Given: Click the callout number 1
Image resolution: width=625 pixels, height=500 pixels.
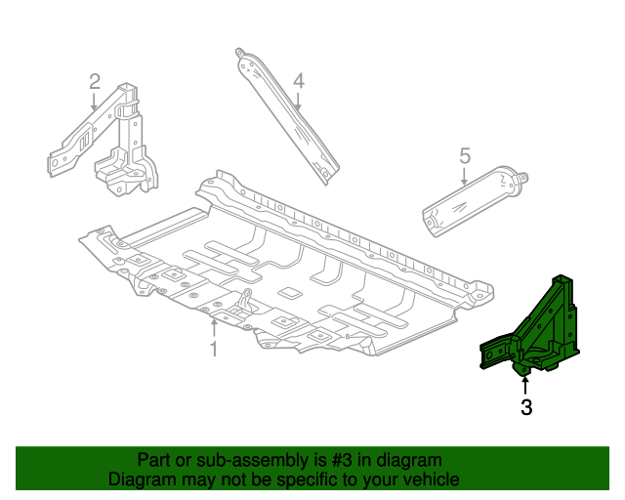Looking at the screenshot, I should pos(214,349).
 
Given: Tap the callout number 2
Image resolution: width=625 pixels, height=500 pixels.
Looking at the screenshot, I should pos(95,81).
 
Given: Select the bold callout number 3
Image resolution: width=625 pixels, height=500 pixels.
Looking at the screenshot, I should pos(526,407).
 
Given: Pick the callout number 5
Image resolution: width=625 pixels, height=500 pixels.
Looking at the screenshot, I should pos(465,155).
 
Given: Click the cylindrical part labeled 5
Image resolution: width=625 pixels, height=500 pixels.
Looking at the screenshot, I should pos(474,201).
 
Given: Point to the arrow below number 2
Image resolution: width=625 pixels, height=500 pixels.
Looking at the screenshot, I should pos(95,103).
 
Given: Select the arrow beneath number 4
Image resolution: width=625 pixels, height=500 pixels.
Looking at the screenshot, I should pos(298,102).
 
